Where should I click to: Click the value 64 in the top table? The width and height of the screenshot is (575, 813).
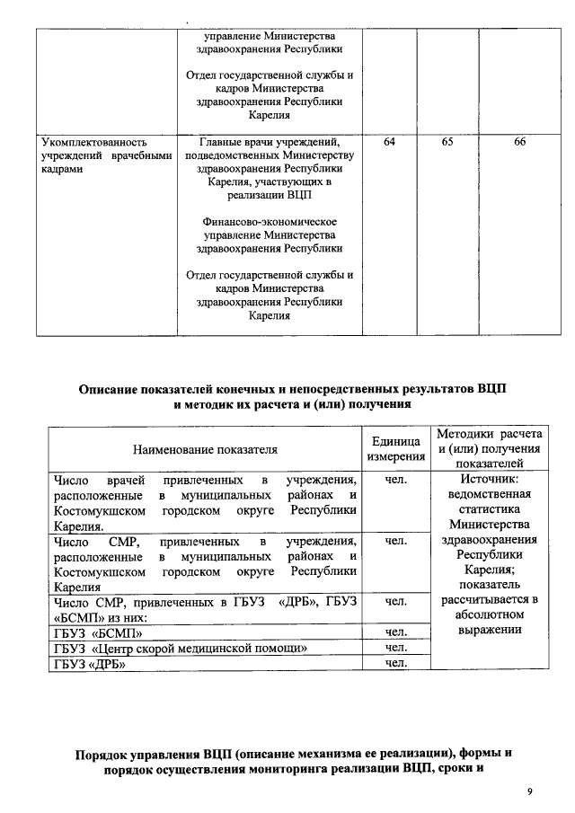(389, 142)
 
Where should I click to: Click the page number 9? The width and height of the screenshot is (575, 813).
(530, 791)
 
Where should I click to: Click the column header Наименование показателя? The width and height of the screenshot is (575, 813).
(206, 447)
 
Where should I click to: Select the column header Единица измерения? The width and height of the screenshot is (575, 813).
(395, 448)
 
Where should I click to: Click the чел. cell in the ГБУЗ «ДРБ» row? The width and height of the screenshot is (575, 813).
(396, 664)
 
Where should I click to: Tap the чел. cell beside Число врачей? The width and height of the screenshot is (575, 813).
(396, 479)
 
